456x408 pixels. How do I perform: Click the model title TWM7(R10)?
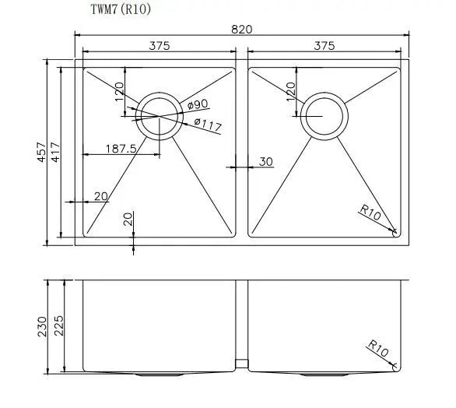(126, 11)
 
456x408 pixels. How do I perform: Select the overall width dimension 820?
(242, 28)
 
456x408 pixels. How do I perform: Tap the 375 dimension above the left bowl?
(159, 46)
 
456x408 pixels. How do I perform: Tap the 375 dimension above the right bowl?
(324, 46)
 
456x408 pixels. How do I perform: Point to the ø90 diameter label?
(197, 104)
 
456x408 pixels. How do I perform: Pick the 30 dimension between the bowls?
(265, 162)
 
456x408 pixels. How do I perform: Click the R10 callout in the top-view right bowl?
(370, 211)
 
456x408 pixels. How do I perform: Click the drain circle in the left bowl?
(158, 116)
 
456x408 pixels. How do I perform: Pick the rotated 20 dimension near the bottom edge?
(127, 220)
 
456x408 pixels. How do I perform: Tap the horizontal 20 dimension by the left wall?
(100, 196)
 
